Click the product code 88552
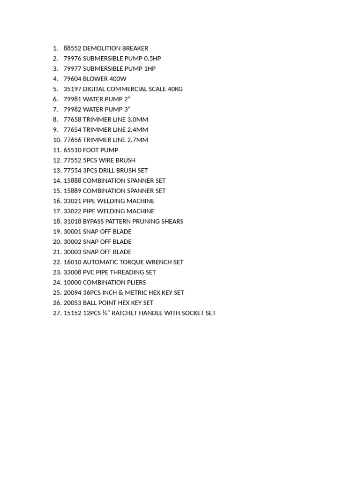coord(72,48)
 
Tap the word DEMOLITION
coord(102,48)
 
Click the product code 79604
coord(72,79)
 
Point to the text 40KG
coord(175,89)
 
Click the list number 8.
coord(55,120)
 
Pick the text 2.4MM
coord(138,130)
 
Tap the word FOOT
coord(90,150)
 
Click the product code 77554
coord(72,171)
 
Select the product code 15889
coord(72,191)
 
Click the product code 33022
coord(72,211)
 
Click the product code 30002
coord(72,242)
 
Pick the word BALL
coord(91,303)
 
